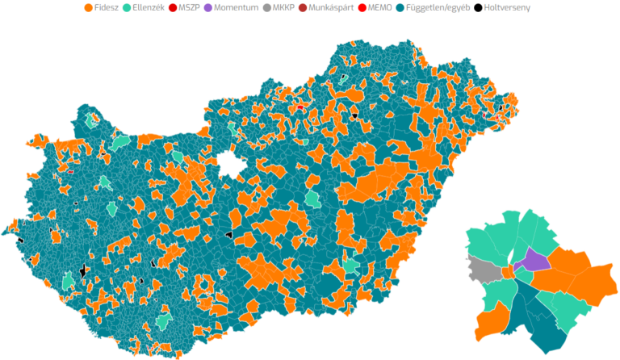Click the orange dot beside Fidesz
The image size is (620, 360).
[88, 8]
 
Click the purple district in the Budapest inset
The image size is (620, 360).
[533, 260]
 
